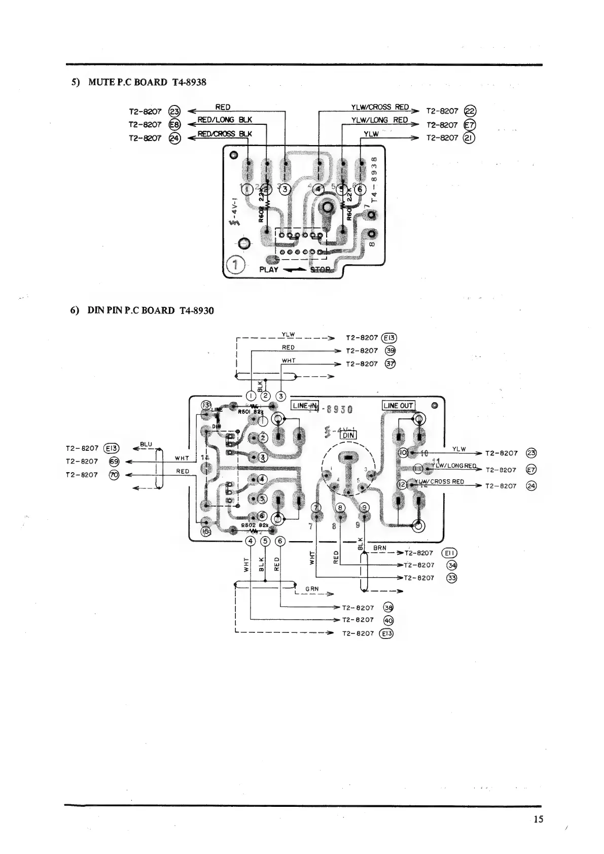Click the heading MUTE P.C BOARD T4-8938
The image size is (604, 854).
(138, 82)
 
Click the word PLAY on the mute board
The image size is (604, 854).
(269, 269)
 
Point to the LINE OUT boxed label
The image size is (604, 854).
(398, 406)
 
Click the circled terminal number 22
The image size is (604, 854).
(470, 112)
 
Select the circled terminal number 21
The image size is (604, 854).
(470, 137)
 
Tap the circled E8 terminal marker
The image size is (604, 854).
(174, 125)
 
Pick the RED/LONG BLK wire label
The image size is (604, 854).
(224, 120)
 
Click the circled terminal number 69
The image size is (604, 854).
(114, 461)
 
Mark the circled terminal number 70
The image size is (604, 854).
(114, 475)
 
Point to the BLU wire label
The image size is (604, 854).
(146, 444)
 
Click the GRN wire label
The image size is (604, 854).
(312, 589)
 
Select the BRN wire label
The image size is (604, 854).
(379, 548)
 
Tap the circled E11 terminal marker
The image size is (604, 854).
(450, 553)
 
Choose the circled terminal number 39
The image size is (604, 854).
(390, 350)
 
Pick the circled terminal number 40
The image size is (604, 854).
(388, 620)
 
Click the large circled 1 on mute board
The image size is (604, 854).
(236, 265)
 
